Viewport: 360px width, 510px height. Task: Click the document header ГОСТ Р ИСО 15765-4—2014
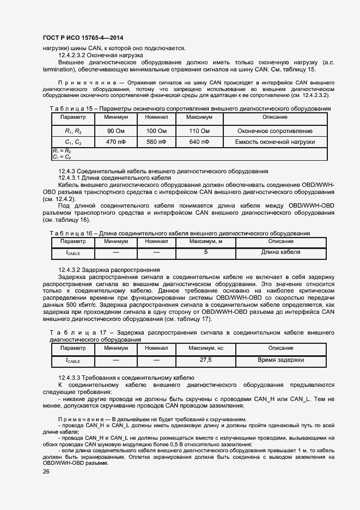coord(82,37)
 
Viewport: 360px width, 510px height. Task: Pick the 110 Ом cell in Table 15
coord(198,131)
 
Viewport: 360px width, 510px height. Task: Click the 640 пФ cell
coord(198,142)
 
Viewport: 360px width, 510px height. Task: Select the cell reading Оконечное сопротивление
coord(275,131)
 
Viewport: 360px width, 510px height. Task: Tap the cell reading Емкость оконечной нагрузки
coord(275,142)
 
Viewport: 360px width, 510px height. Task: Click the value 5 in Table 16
coord(206,252)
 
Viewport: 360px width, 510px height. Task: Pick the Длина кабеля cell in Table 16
coord(280,252)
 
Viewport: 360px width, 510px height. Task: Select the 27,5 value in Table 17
coord(206,360)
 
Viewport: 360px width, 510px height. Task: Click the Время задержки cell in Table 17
coord(280,360)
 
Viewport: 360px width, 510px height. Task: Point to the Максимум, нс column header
coord(206,348)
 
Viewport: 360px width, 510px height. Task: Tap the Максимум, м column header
coord(206,241)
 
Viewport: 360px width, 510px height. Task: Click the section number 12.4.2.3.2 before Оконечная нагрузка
coord(73,55)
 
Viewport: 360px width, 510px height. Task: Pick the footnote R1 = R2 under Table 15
coord(62,150)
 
